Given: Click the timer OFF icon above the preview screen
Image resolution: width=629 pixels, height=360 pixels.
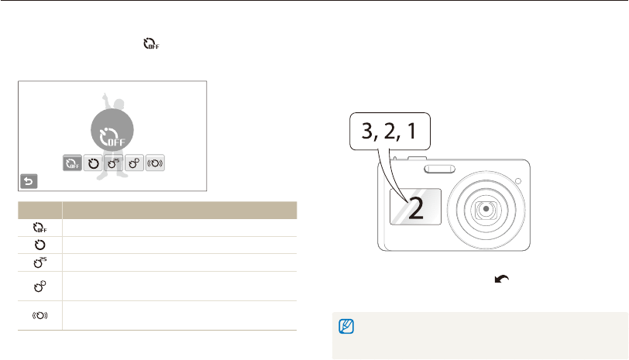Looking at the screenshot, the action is coord(151,43).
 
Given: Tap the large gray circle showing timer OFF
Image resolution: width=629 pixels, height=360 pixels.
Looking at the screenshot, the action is coord(112,130).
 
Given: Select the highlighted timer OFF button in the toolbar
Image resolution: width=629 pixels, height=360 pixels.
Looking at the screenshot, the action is coord(72,163).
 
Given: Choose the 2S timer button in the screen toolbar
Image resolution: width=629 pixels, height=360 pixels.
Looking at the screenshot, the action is coord(114,163).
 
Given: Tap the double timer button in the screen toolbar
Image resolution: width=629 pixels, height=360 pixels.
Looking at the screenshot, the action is coord(134,163).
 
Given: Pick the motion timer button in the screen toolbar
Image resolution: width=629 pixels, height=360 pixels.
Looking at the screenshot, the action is coord(155,163).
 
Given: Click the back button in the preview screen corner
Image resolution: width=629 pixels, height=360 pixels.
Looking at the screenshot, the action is coord(29,181).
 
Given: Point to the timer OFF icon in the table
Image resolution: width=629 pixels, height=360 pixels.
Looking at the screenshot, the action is coord(40,228).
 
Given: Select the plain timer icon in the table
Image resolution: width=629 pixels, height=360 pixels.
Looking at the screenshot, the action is coord(40,245).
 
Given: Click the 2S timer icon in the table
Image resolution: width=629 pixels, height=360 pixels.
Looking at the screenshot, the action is coord(40,262).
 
